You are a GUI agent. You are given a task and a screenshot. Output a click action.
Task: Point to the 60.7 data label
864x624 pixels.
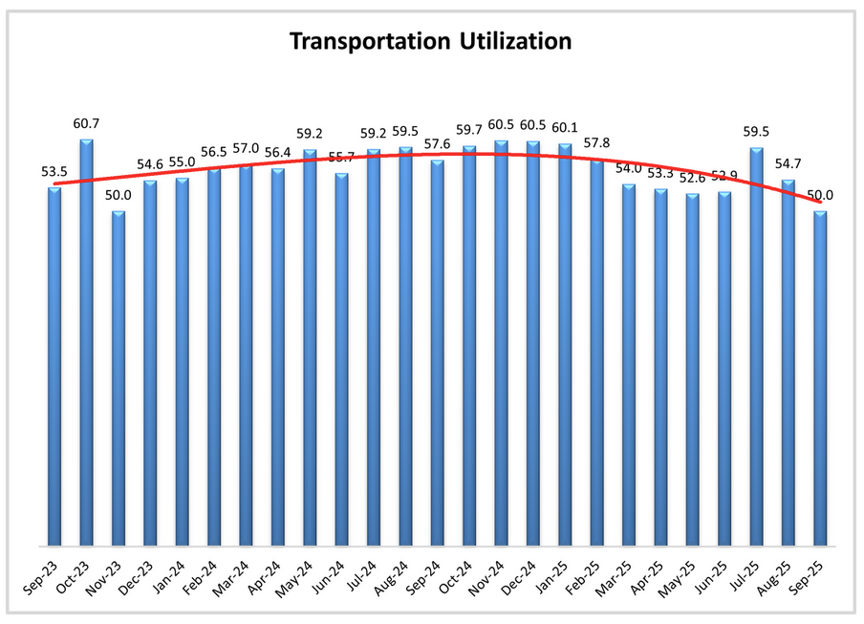pyautogui.click(x=86, y=124)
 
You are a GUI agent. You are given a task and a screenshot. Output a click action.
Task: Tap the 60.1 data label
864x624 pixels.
pyautogui.click(x=566, y=128)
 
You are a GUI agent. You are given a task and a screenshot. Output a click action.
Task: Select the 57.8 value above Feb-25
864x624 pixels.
pyautogui.click(x=597, y=144)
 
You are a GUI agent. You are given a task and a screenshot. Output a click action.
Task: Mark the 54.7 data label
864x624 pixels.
pyautogui.click(x=788, y=163)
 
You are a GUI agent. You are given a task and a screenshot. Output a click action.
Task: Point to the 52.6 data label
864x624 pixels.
pyautogui.click(x=693, y=178)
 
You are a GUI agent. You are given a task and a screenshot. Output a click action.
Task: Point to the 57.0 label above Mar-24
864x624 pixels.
pyautogui.click(x=246, y=149)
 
